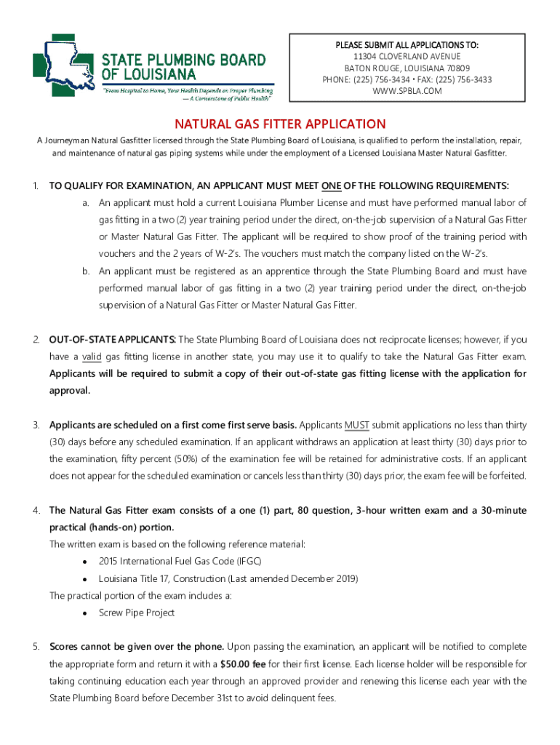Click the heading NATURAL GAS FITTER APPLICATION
coord(279,124)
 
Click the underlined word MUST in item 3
coord(356,425)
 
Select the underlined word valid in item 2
coord(91,356)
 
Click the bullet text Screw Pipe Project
coord(137,613)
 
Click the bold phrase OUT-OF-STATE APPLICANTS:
coord(112,340)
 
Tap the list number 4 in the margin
coord(36,510)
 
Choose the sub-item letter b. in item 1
coord(85,271)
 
